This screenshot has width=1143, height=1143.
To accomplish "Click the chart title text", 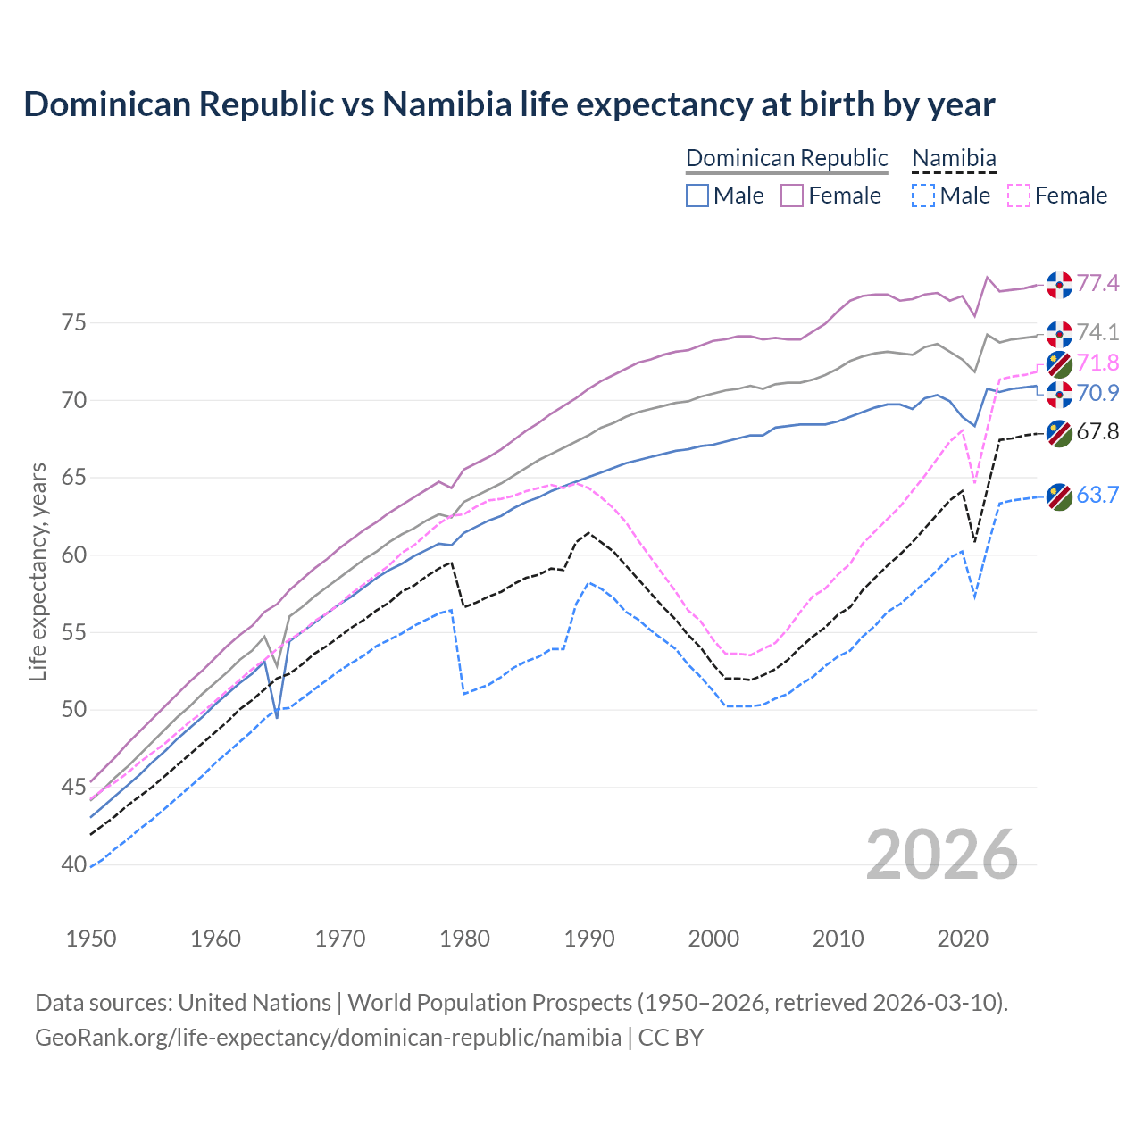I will [x=509, y=104].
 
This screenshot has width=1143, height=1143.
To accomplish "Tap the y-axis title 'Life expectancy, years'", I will [x=38, y=571].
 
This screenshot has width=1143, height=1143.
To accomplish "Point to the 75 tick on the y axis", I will [x=74, y=322].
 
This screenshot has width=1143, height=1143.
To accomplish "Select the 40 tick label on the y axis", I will [x=74, y=864].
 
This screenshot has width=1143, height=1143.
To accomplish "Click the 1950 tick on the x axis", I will [x=91, y=939].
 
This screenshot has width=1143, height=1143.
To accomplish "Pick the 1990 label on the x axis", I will [x=589, y=939].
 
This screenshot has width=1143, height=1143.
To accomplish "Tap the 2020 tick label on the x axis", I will [x=963, y=939].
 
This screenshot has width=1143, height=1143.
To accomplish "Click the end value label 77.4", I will [x=1097, y=284].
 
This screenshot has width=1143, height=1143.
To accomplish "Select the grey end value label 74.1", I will [x=1097, y=333].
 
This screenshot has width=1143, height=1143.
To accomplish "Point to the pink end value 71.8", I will [x=1097, y=363].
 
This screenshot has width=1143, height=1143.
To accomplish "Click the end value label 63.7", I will [x=1097, y=496].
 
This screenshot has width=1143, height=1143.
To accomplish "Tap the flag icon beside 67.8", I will [x=1059, y=433].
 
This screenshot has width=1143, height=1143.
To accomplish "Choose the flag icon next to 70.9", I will [x=1059, y=394].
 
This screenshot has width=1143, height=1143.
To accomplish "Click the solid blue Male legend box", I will [x=697, y=196].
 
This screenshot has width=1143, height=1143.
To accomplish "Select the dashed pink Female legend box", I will [x=1019, y=196].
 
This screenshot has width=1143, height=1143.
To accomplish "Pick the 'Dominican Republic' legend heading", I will [x=787, y=158].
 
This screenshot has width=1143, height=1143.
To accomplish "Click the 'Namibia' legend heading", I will [x=954, y=158].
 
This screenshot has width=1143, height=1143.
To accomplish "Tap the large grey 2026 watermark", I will [x=942, y=855].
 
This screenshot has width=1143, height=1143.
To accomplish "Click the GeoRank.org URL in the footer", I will [x=329, y=1038].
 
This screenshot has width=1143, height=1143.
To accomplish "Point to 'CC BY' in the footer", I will [x=671, y=1038].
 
